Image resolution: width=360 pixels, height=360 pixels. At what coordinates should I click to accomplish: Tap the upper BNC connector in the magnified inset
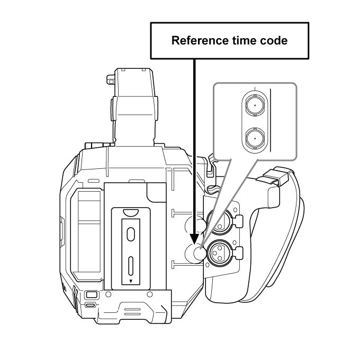click(x=255, y=105)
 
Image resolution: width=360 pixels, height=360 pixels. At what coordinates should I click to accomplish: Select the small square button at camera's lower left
click(x=91, y=294)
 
